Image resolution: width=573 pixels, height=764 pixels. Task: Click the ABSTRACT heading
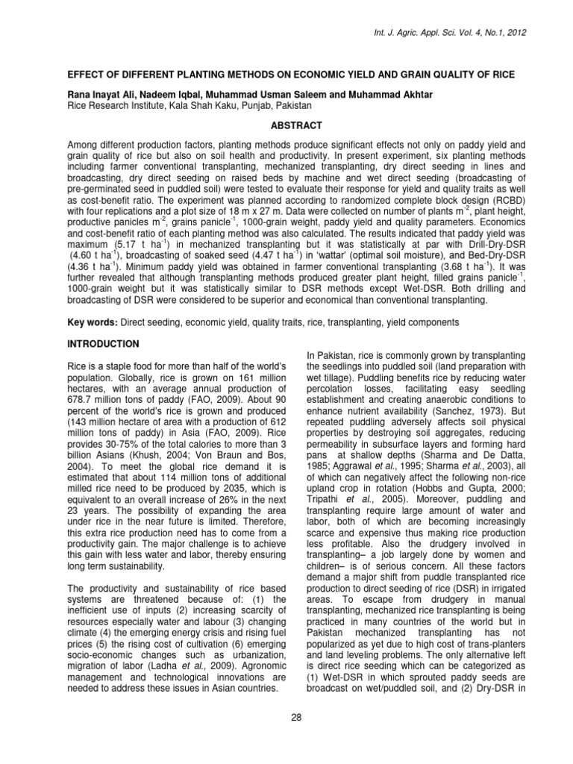pos(286,126)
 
